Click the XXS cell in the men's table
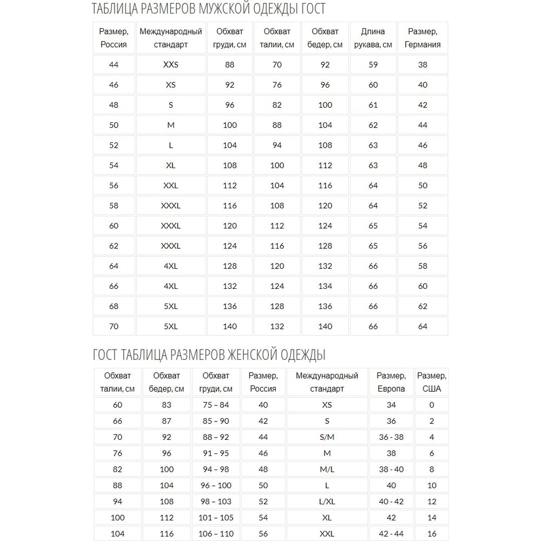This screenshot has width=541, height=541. tap(170, 65)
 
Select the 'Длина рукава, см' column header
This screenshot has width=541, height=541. tap(373, 38)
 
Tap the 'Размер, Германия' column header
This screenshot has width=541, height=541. tap(423, 38)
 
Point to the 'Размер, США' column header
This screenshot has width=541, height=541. tap(431, 382)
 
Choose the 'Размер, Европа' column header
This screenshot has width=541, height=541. tap(391, 382)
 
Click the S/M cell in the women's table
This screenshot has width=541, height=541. tap(327, 437)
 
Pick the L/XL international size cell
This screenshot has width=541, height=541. tap(327, 502)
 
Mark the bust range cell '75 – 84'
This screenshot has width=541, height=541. tap(215, 405)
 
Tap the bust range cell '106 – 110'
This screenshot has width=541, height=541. tap(215, 534)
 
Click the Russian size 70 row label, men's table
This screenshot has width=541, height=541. tap(114, 326)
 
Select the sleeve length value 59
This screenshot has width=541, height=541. tap(373, 65)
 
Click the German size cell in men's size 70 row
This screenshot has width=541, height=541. tap(423, 326)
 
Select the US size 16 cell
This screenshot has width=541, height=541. tap(431, 534)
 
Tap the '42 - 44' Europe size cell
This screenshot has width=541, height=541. tap(391, 534)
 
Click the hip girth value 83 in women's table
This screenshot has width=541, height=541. tap(166, 405)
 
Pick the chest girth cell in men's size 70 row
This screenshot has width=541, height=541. tap(230, 326)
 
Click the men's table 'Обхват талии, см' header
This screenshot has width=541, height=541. tap(277, 38)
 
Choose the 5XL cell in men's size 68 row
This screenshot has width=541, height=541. tap(170, 306)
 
